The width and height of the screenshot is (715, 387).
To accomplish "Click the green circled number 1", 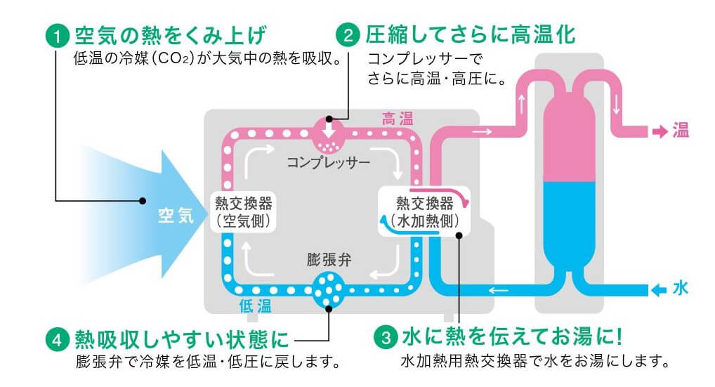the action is point(57,36).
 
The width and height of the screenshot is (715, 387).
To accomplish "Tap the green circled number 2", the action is point(348,35).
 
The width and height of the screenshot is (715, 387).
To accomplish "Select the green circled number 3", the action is point(386,338).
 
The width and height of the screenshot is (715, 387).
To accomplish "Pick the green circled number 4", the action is point(57,341).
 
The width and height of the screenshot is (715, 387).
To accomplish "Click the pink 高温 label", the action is point(398,119).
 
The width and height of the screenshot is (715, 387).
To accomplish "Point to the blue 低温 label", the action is point(256,306).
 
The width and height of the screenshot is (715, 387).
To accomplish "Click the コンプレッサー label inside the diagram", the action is point(328,162).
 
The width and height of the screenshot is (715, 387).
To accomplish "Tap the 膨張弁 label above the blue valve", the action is point(329,260).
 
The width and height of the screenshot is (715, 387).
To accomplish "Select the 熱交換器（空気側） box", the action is point(244,212).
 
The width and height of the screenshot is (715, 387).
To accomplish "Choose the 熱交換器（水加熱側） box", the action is point(424,211).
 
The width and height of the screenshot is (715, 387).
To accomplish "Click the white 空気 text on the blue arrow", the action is point(176,215).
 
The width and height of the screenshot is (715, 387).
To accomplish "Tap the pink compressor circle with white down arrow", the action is point(328,135).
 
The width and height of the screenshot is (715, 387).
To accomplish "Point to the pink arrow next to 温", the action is point(660,132).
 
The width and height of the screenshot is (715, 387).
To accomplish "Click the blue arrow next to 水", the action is point(659,290).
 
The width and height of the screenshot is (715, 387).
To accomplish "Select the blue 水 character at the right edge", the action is point(681,289).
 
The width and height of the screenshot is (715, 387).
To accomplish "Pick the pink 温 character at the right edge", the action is point(681,131).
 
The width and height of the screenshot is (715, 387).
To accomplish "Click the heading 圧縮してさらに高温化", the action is point(471,34).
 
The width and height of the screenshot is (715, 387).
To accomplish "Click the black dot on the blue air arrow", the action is point(143,201).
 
